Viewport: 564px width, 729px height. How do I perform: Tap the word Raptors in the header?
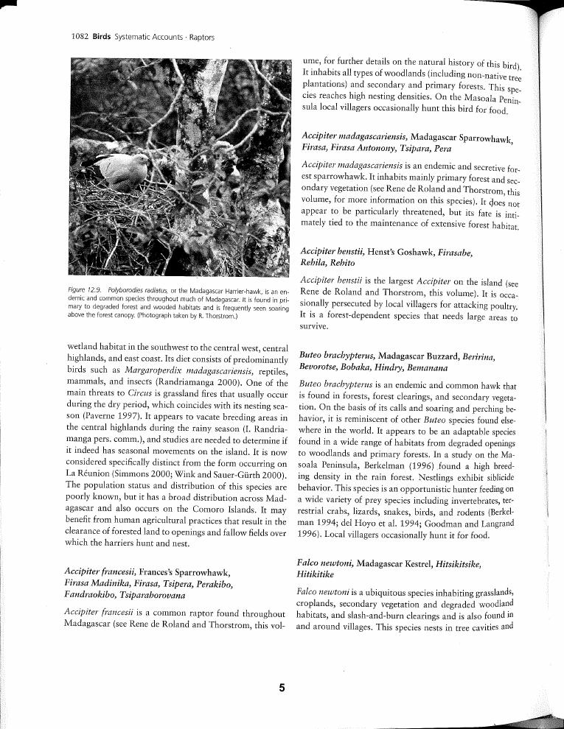coord(201,37)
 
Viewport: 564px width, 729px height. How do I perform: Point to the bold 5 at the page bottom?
coord(282,688)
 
